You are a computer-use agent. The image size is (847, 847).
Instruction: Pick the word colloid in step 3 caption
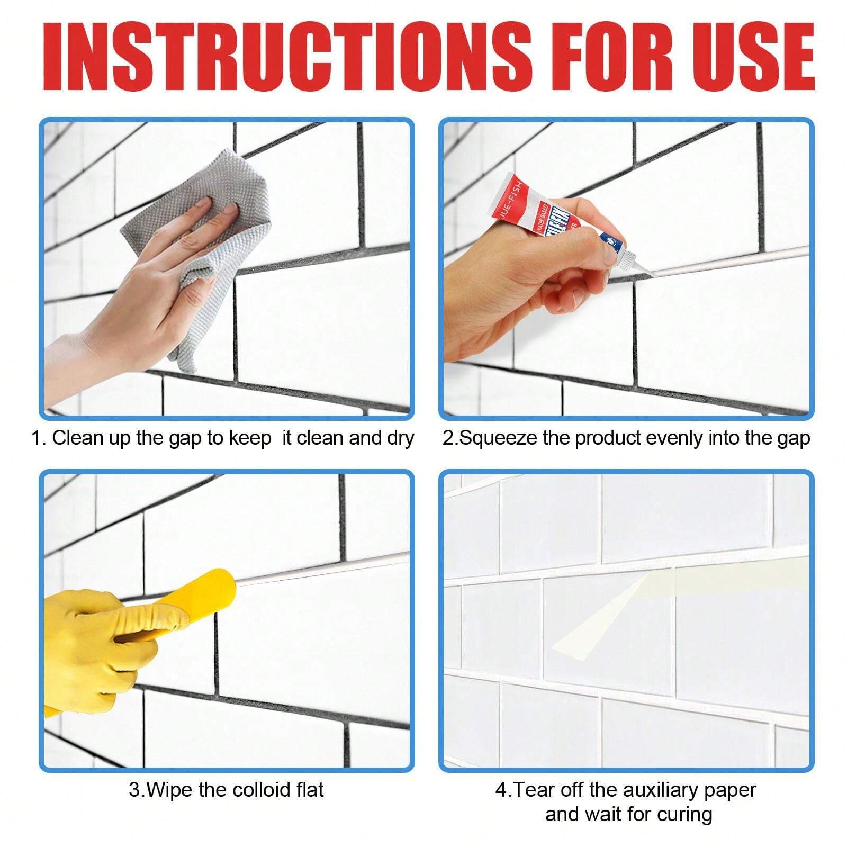coord(251,790)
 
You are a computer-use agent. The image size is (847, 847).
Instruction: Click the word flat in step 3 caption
coord(310,790)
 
